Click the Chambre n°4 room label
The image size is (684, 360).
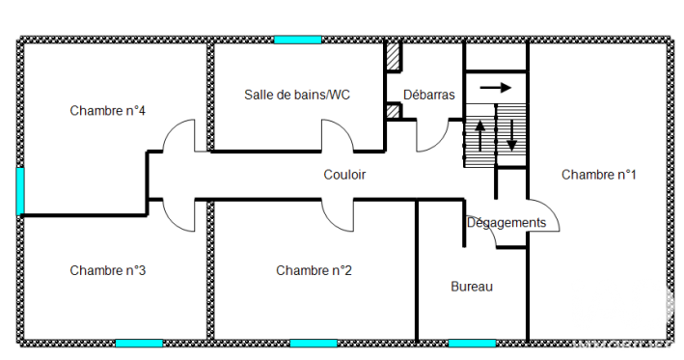107,110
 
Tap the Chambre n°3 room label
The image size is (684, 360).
107,270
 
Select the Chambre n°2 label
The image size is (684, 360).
314,270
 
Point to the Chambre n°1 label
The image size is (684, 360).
598,175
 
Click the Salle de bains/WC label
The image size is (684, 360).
297,95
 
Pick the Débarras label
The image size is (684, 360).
428,95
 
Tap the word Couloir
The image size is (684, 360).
344,175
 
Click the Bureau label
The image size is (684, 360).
472,287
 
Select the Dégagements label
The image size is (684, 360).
506,223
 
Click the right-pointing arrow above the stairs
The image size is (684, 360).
495,88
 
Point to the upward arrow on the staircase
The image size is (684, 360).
479,136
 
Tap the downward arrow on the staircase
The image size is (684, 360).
511,136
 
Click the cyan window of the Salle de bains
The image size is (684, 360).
298,40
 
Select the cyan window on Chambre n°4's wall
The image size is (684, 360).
20,191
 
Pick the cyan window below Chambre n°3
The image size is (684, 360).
139,344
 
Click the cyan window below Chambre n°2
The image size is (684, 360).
314,344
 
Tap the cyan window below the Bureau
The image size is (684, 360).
472,344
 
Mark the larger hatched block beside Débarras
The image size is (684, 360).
394,56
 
